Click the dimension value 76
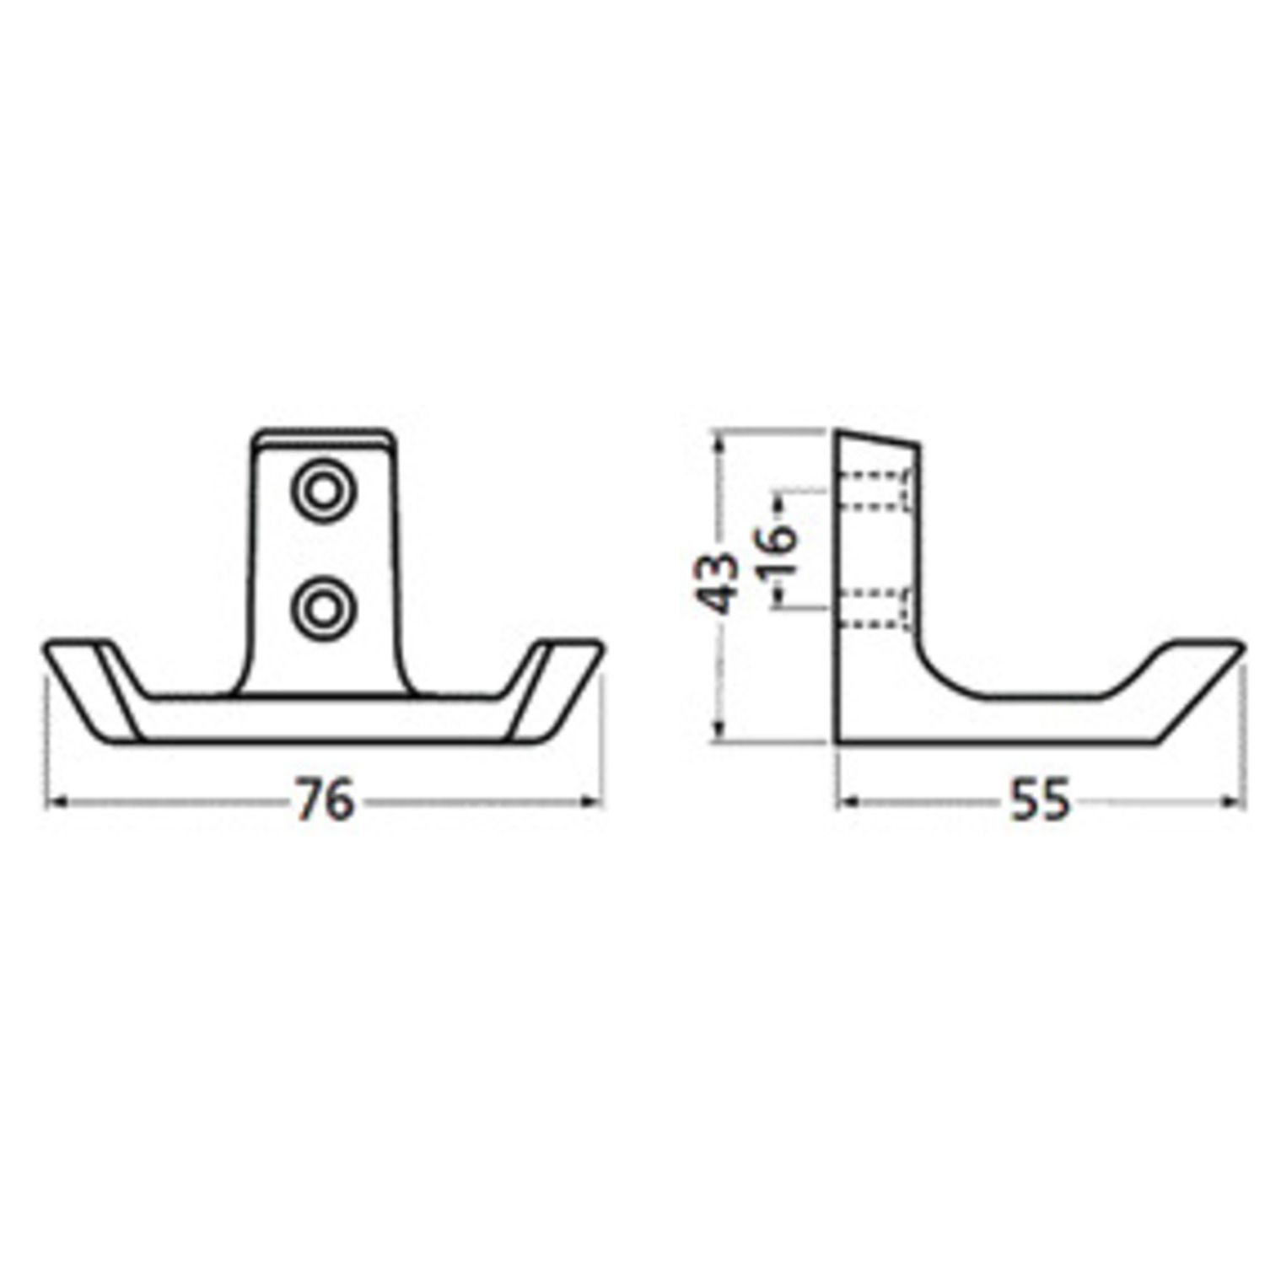click(x=325, y=800)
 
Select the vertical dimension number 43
click(x=716, y=581)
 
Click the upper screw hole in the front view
click(x=323, y=492)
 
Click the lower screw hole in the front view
click(x=323, y=606)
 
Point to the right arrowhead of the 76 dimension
click(x=592, y=802)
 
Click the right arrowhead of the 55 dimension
click(x=1233, y=801)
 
